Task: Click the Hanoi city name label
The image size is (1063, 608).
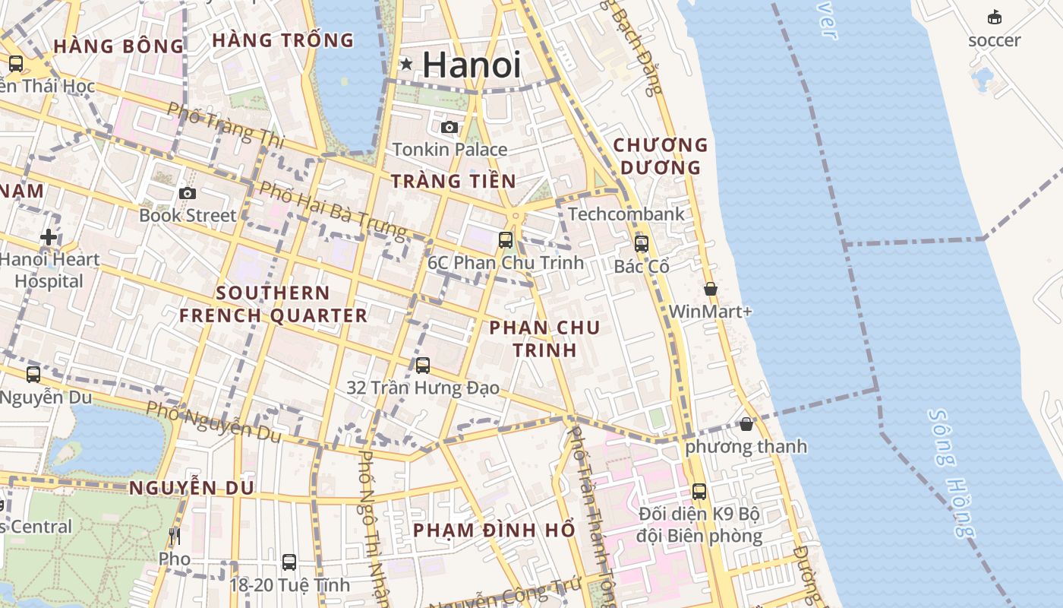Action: point(472,65)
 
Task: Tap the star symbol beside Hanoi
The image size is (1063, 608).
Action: point(407,65)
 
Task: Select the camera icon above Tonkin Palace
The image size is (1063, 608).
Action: point(449,127)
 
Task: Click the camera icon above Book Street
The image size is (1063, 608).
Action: point(188,193)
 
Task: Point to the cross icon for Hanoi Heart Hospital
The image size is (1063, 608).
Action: point(49,237)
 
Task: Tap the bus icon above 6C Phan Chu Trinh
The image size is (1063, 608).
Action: point(506,240)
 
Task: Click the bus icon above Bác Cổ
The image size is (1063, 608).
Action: point(642,244)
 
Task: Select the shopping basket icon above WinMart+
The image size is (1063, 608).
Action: point(711,289)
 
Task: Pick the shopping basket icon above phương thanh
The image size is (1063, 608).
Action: point(746,423)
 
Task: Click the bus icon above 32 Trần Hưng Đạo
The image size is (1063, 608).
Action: point(423,366)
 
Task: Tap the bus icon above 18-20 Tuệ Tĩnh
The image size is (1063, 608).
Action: point(289,562)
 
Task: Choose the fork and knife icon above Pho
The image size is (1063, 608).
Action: point(175,537)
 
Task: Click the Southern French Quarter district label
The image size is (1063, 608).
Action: point(273,304)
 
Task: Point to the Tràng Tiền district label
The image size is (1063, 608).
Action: point(453,181)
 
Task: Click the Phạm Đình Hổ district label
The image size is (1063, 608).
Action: point(494,530)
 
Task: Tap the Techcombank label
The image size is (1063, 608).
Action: point(626,214)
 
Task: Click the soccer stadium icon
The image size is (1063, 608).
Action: point(994,17)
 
